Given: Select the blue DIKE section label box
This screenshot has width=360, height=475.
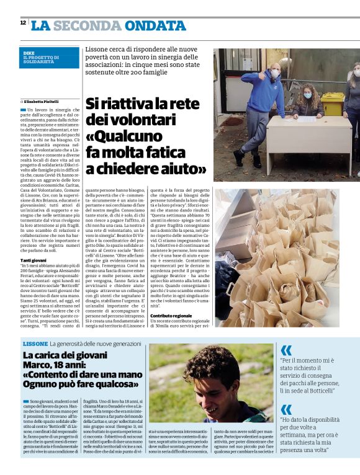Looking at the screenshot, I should tap(50, 58).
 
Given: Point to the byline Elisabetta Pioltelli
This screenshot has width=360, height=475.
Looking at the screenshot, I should tap(42, 101).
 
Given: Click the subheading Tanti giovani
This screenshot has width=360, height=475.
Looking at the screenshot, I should tap(34, 260).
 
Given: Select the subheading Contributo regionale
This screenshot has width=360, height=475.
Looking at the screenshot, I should tap(171, 316).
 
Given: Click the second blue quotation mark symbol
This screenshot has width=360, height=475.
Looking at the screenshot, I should tap(286, 409).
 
